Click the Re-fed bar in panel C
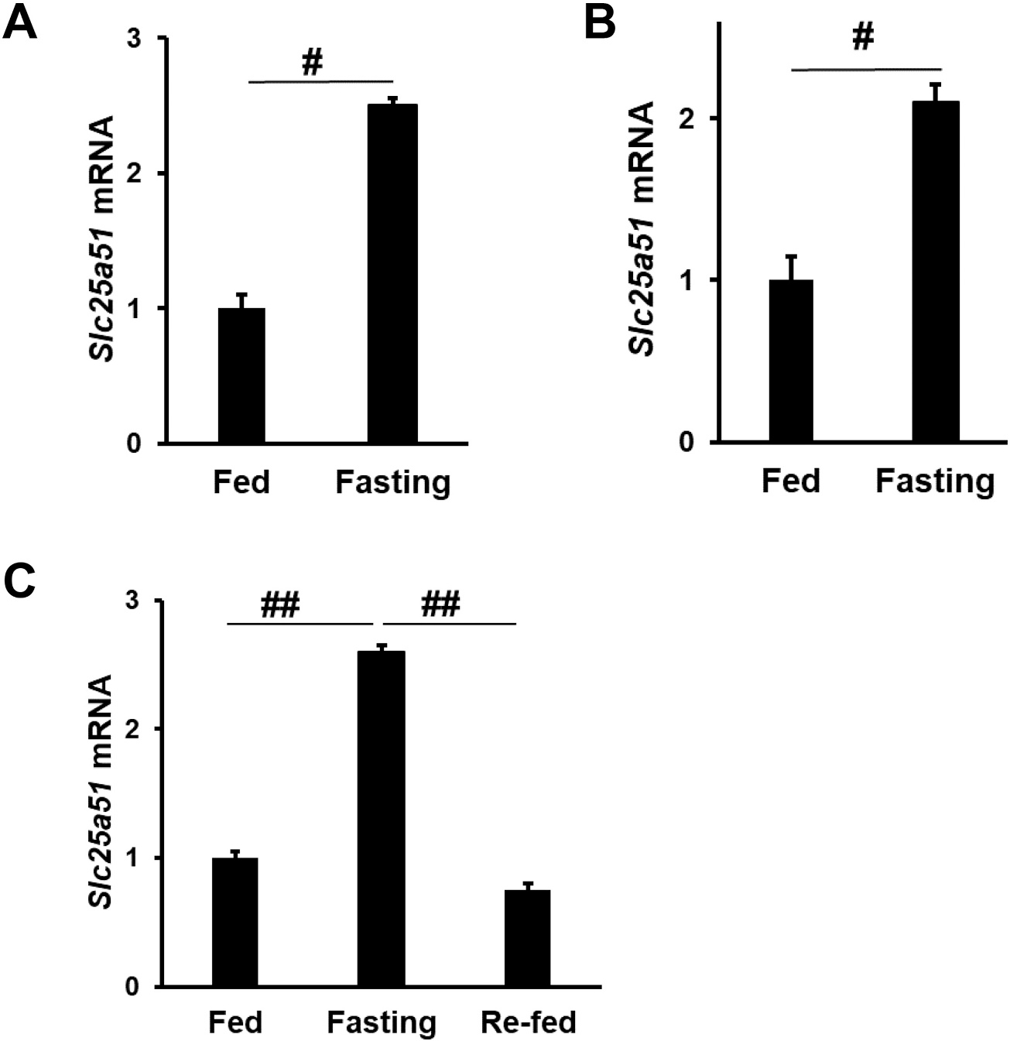click(529, 938)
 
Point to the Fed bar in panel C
click(235, 922)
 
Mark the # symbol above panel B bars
click(862, 36)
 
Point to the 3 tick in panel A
click(144, 38)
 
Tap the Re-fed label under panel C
click(529, 1022)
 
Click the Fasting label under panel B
click(935, 481)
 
